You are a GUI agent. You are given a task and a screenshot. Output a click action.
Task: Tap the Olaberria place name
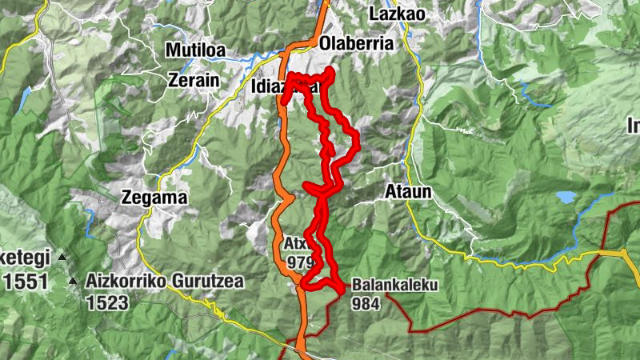point(356,45)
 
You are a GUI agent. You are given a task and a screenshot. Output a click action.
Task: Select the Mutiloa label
point(195,50)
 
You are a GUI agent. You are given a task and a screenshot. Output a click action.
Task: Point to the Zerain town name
point(194,80)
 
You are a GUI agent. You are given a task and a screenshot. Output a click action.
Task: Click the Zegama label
point(154,198)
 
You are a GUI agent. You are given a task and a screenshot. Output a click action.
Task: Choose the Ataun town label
point(409,192)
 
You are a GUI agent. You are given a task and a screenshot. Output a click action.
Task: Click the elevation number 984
point(363,303)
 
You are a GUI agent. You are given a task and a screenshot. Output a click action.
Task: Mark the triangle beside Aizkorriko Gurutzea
point(74,282)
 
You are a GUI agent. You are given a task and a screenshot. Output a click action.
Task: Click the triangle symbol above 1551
point(62,258)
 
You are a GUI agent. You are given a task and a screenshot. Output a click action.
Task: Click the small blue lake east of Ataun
point(566,196)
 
